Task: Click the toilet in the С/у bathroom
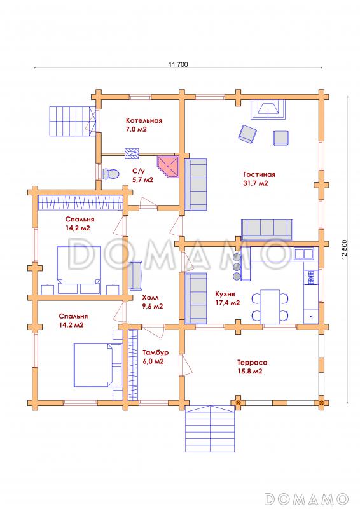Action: click(x=111, y=174)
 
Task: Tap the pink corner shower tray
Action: click(x=168, y=166)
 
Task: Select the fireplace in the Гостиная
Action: click(x=269, y=109)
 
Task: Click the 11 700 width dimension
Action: click(x=178, y=64)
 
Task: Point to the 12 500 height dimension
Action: click(x=345, y=249)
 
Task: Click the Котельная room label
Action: click(x=144, y=120)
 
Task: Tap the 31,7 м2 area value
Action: click(x=256, y=183)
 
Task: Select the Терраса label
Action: click(x=253, y=362)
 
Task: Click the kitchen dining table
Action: click(x=270, y=307)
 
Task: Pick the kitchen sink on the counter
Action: click(x=304, y=253)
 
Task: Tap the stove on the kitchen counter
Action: click(x=311, y=277)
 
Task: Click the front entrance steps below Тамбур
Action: click(x=210, y=428)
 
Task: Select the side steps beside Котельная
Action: click(x=73, y=122)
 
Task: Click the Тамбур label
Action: click(x=155, y=352)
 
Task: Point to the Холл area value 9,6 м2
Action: click(x=153, y=306)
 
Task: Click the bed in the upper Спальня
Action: click(x=79, y=270)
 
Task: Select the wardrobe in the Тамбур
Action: click(x=133, y=365)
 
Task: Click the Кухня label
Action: click(x=225, y=294)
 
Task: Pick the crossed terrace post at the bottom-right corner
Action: click(x=321, y=403)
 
